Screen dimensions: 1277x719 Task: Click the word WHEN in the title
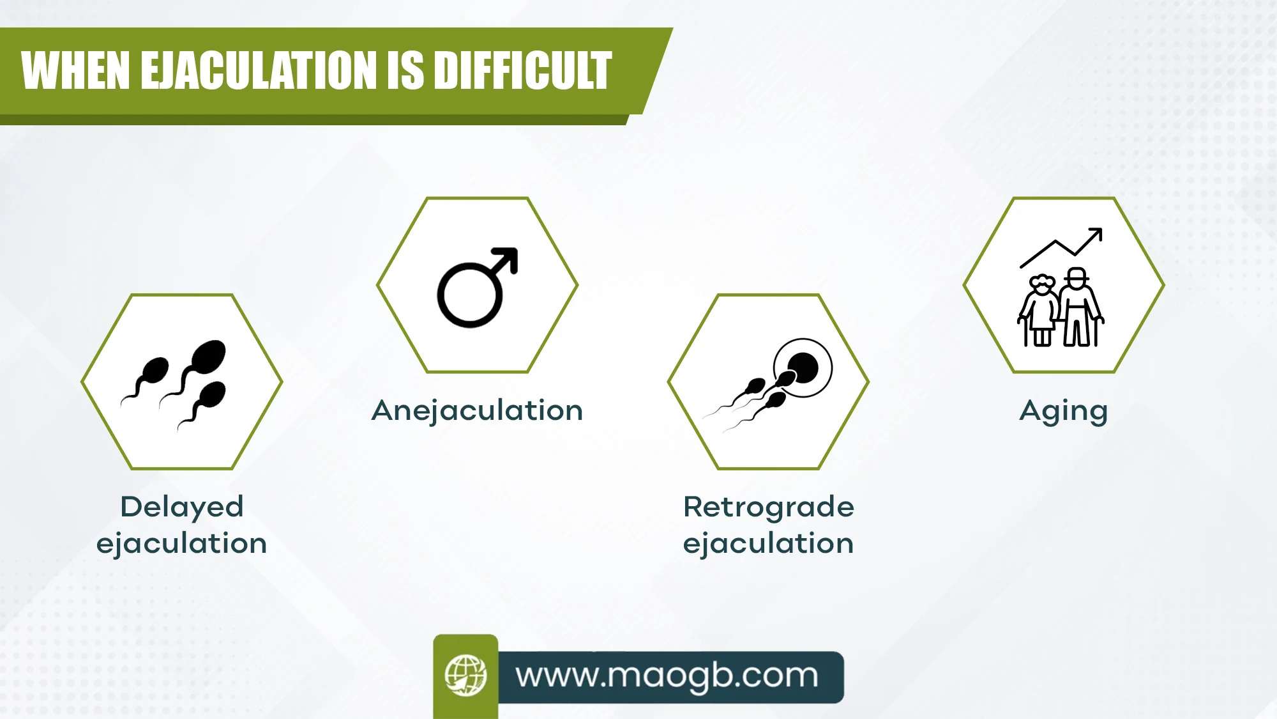[76, 70]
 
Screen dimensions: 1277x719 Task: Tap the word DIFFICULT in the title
[522, 70]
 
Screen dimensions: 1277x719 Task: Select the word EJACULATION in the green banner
[258, 70]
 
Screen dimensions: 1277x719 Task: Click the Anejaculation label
[477, 411]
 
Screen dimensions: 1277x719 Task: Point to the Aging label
[1063, 412]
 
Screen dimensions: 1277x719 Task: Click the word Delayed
[182, 507]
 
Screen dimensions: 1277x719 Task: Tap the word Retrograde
[769, 507]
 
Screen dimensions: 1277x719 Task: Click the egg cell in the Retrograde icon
[803, 367]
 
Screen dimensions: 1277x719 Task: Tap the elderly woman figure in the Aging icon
[1039, 310]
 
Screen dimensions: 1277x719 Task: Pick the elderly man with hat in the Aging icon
[1080, 307]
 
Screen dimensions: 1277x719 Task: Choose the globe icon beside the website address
[465, 675]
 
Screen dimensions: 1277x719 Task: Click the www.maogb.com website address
[667, 676]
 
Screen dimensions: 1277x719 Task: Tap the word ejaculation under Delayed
[182, 544]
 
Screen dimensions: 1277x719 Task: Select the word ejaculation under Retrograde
[769, 544]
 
